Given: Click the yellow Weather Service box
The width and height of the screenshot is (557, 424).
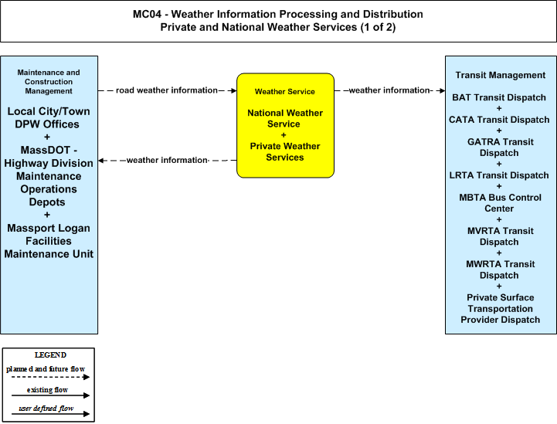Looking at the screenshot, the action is coord(285,125).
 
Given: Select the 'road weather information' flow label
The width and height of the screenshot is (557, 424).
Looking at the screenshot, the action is coord(167,90).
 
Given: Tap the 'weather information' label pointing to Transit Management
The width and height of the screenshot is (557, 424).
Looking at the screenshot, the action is coord(389,90).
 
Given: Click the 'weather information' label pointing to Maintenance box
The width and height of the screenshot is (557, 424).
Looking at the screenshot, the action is coord(167,160).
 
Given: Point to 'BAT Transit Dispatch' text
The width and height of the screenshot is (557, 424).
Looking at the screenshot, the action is coord(499,97).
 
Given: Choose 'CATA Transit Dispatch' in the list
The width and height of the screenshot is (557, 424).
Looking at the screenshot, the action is coord(499,120).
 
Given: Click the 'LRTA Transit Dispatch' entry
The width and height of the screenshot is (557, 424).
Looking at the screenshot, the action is coord(499,175).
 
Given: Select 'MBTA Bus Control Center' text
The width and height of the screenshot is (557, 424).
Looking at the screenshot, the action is coord(500,203).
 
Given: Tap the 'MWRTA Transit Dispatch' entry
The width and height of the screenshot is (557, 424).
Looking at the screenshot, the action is coord(500,270).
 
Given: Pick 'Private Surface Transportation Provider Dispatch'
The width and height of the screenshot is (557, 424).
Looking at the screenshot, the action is coord(500,309).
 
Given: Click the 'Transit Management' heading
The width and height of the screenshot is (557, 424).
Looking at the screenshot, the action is coord(500,75).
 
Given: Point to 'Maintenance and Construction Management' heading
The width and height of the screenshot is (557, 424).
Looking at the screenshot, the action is coord(49,82).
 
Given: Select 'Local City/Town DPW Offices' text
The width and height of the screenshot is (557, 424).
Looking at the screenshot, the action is coord(49,117).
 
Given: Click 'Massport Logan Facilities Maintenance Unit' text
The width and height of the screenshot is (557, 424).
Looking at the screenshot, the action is coord(49,241).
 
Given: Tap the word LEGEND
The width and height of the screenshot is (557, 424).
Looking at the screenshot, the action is coord(50,354).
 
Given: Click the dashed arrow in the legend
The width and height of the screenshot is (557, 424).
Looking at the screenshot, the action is coord(50,377).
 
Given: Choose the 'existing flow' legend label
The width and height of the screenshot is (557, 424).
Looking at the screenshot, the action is coord(47,390).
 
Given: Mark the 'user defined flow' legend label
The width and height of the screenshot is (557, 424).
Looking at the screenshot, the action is coord(46,409).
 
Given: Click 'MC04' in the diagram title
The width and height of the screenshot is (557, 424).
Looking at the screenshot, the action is coord(147,14).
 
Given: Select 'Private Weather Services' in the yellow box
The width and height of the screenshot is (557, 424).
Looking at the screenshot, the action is coord(285,151).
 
